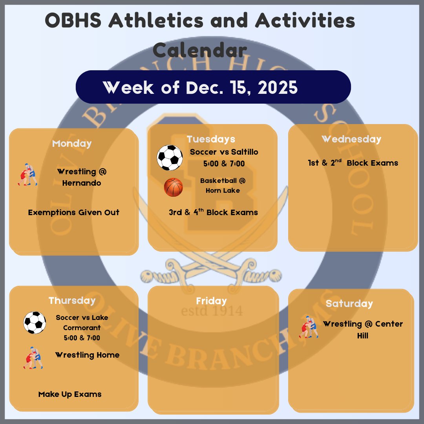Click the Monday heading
[72, 143]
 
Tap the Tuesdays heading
[211, 139]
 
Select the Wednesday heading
[351, 139]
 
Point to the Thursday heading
[72, 300]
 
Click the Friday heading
[212, 301]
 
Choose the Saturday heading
[349, 303]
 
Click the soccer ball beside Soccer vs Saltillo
[170, 158]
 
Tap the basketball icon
[174, 187]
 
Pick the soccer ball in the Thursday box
[35, 323]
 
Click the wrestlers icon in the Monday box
[27, 175]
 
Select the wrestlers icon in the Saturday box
[309, 327]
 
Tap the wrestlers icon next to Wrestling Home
[33, 358]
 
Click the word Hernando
[82, 183]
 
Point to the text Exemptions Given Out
[74, 212]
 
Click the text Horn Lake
[223, 190]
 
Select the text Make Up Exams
[70, 394]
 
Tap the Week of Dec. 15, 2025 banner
[213, 87]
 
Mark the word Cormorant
[82, 327]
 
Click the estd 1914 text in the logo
[212, 311]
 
